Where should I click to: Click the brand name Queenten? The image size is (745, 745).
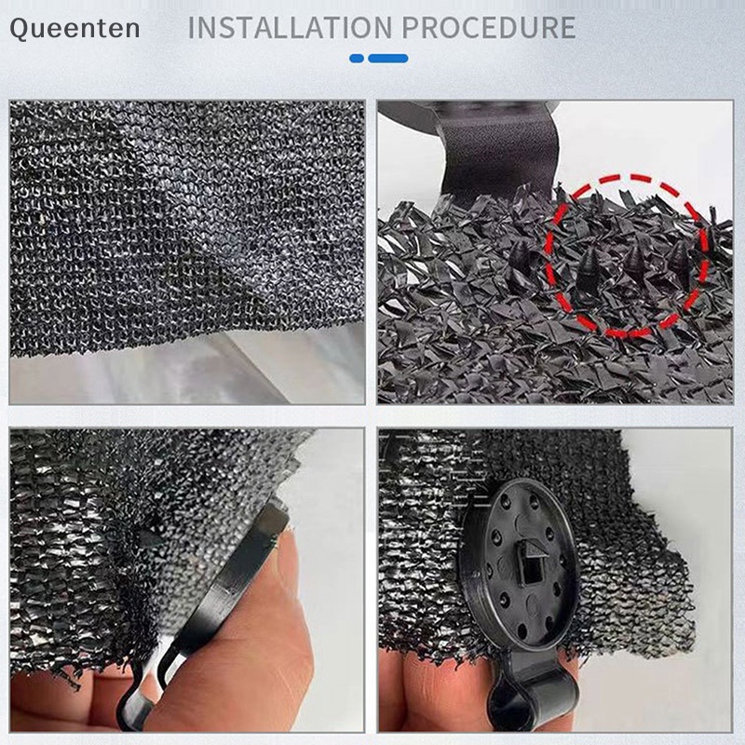74,28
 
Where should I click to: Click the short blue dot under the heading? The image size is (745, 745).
357,58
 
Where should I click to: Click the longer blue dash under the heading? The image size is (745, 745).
388,58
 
